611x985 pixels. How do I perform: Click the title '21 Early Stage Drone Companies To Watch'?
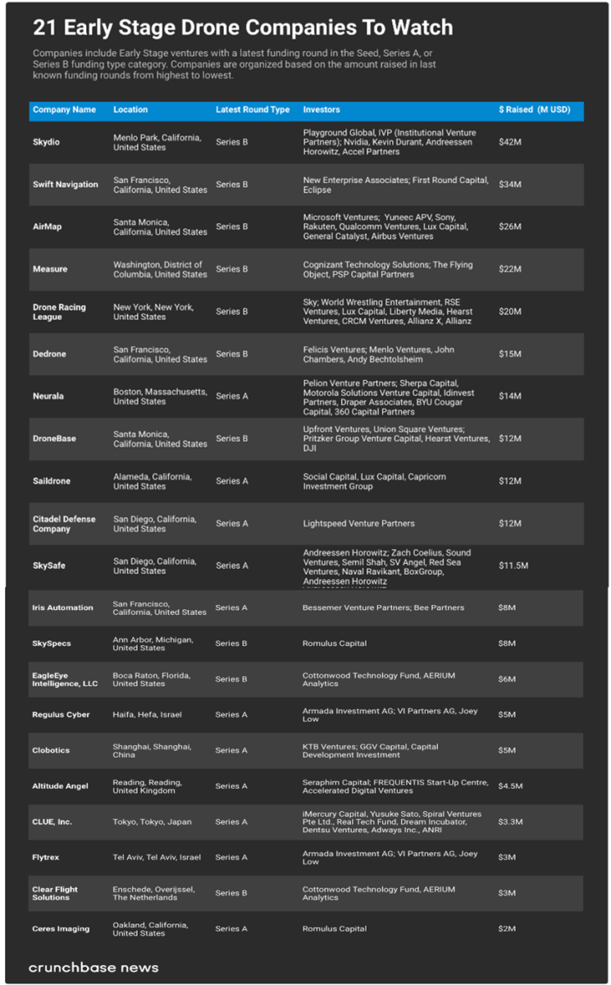pos(243,28)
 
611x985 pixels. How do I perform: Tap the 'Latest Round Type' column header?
pos(253,110)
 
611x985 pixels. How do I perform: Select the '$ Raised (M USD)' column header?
pos(534,110)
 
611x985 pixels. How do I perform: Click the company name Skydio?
pos(46,142)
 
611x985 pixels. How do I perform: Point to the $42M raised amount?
pos(510,142)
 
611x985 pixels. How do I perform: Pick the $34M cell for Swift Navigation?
pos(510,185)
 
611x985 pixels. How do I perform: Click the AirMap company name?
pos(47,227)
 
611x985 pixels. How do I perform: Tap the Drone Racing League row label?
pos(59,312)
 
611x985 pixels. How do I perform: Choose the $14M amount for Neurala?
pos(510,396)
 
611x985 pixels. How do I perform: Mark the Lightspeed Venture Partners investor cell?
pos(358,524)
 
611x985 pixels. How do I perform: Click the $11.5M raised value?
pos(513,566)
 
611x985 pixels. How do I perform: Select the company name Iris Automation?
pos(62,608)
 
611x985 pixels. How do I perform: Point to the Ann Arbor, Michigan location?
pos(153,644)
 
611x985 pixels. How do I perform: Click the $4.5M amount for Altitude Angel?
pos(510,786)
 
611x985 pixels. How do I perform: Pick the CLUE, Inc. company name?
pos(52,822)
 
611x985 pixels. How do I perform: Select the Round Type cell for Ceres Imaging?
pos(231,929)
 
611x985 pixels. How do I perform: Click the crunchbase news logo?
pos(93,968)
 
